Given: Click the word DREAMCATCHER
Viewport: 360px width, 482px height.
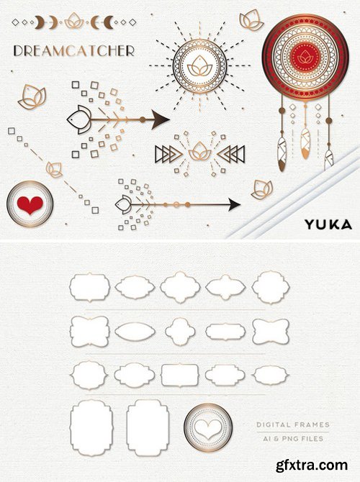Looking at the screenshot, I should coord(73,51).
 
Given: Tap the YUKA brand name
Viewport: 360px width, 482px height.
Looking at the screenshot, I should coord(328,224).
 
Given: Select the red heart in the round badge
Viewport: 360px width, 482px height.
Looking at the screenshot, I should coord(30,204).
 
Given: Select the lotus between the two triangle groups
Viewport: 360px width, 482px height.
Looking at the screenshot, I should coord(200,152).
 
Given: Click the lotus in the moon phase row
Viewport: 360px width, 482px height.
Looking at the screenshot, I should coord(73,22).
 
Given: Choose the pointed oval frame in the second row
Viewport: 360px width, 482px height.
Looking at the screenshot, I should coord(135,332).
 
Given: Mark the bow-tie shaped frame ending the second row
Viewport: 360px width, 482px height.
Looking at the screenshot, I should coord(271,332).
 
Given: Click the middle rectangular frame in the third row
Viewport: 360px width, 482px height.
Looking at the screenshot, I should coord(180,375).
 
